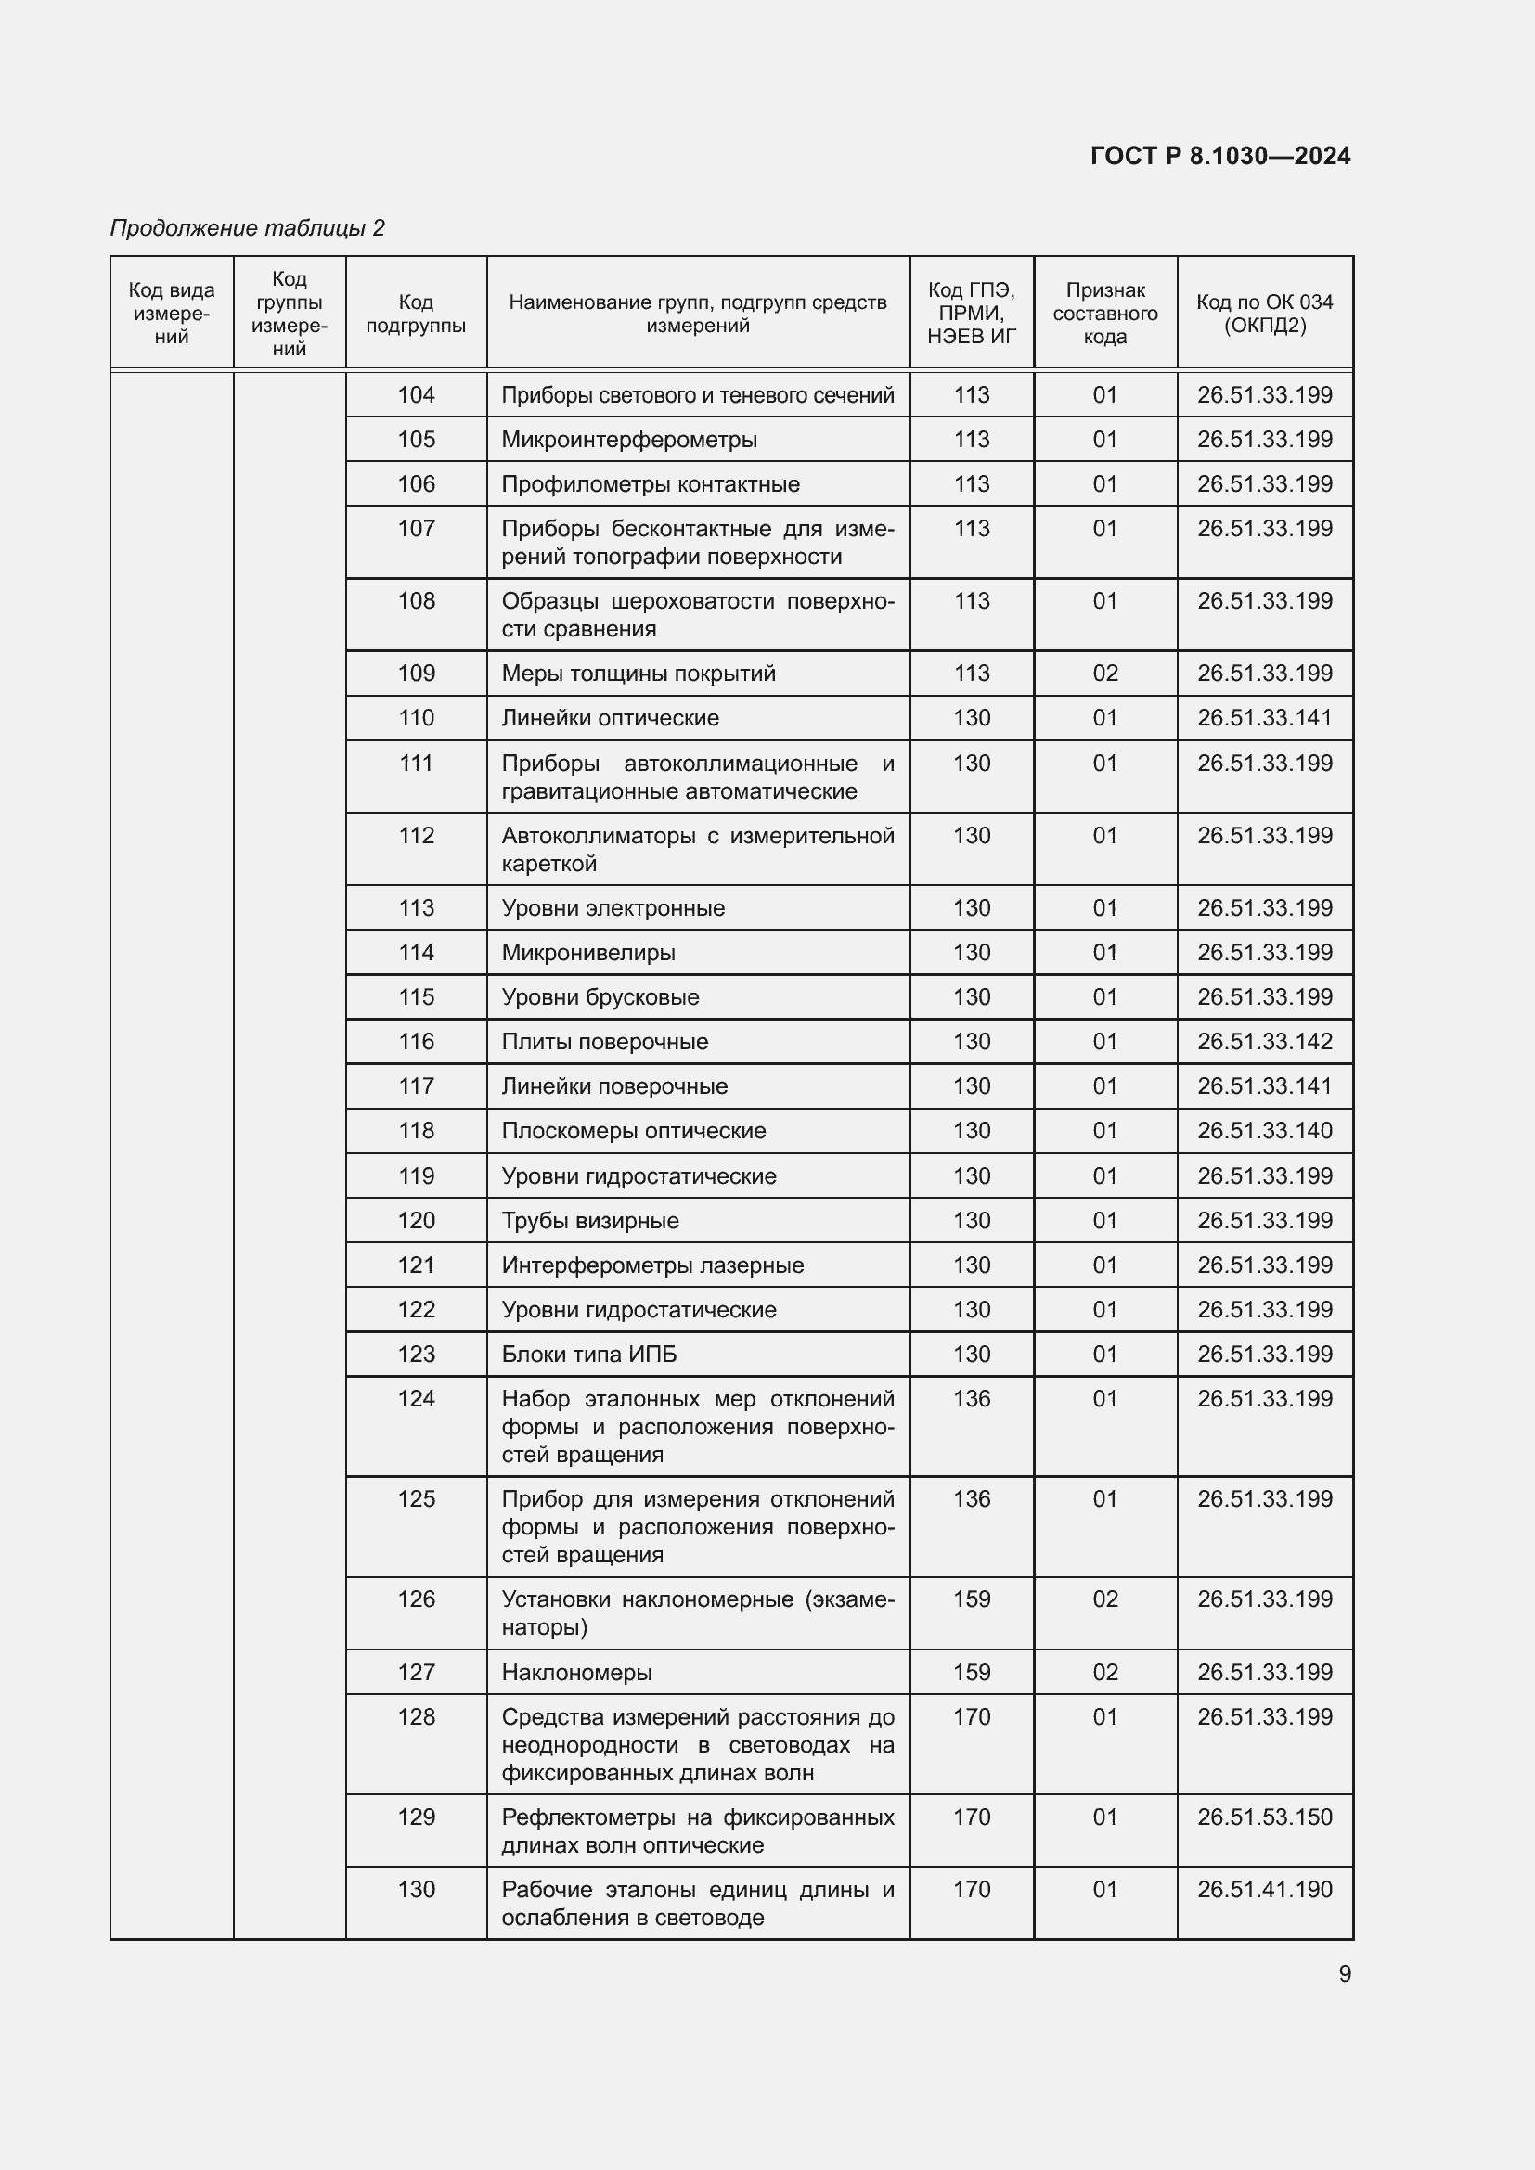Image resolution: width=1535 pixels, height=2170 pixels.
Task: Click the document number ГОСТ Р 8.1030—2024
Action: [x=1220, y=156]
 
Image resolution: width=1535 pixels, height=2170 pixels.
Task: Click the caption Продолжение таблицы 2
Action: [x=248, y=228]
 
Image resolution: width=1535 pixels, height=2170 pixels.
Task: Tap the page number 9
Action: [x=1344, y=1973]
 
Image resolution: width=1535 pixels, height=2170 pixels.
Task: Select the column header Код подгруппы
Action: [x=416, y=313]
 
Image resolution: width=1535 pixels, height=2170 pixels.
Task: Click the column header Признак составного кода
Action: [x=1105, y=313]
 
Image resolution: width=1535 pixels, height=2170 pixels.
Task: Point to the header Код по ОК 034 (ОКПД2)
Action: [x=1264, y=313]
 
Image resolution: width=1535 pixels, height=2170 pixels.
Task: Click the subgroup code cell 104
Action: [x=416, y=395]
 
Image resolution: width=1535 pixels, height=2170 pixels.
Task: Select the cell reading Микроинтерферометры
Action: [x=629, y=440]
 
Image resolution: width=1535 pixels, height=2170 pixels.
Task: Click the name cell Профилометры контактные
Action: [x=651, y=484]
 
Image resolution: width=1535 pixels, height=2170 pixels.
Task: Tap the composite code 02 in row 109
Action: [x=1105, y=673]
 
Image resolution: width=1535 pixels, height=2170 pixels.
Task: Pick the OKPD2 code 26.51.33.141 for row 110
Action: [x=1264, y=717]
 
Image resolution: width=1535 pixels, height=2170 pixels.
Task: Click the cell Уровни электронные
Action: [x=613, y=907]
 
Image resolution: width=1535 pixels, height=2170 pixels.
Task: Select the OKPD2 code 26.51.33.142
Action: [x=1264, y=1042]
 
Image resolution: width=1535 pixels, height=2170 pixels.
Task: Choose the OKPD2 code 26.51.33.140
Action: [x=1264, y=1130]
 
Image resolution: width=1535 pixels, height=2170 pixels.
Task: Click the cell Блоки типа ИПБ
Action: [x=589, y=1354]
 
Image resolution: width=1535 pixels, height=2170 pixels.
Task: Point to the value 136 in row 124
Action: [x=972, y=1398]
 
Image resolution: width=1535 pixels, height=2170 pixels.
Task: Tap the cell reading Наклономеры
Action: [x=576, y=1672]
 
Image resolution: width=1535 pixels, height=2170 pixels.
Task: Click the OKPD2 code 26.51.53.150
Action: [x=1264, y=1817]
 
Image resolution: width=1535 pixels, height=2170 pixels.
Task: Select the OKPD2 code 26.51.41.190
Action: [x=1264, y=1889]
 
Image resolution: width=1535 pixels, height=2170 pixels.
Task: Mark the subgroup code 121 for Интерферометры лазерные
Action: [x=416, y=1265]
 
